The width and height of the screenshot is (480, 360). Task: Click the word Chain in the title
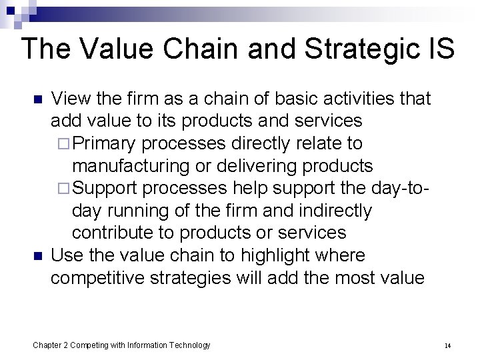coord(200,49)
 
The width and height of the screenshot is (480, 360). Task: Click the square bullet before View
coord(37,100)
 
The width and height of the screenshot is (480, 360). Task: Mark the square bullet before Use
coord(37,256)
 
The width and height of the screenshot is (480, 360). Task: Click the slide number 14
coord(448,346)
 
